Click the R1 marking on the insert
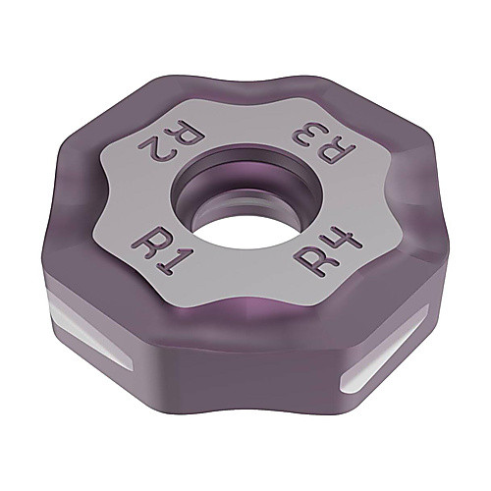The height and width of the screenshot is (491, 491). click(158, 252)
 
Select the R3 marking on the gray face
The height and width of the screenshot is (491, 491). click(324, 141)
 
